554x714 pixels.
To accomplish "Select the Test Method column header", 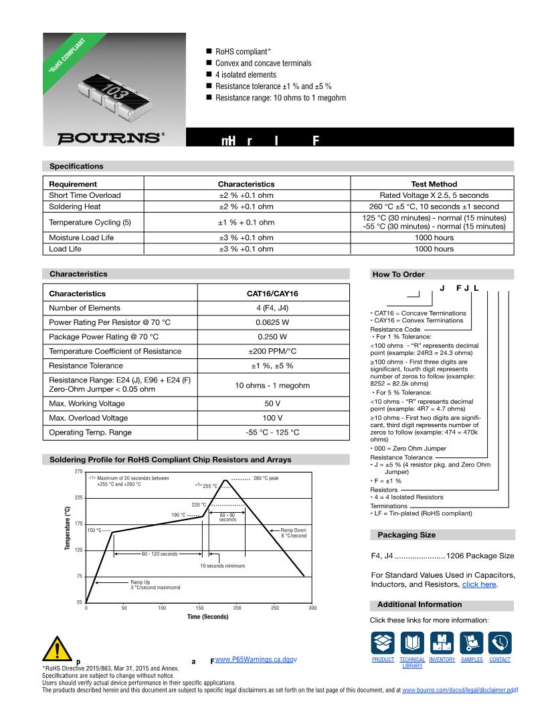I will pyautogui.click(x=434, y=184).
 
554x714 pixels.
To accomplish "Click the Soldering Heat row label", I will pyautogui.click(x=76, y=207).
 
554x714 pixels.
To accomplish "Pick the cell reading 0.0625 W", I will pyautogui.click(x=273, y=322).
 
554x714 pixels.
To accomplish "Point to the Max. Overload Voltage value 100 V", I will pyautogui.click(x=273, y=418).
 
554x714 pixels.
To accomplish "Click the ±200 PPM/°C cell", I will pyautogui.click(x=273, y=351).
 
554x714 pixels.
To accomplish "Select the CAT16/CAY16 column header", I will pyautogui.click(x=273, y=293).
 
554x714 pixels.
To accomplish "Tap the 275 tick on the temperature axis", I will pyautogui.click(x=78, y=472).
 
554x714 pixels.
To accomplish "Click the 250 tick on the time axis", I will pyautogui.click(x=275, y=608).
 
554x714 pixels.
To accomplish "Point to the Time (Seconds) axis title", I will pyautogui.click(x=207, y=616).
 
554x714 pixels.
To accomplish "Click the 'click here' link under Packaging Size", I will pyautogui.click(x=478, y=584).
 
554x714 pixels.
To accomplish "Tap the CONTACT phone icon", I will pyautogui.click(x=500, y=643).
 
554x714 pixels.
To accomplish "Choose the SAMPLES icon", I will pyautogui.click(x=472, y=643).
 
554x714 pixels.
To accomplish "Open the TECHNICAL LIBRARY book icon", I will pyautogui.click(x=412, y=643).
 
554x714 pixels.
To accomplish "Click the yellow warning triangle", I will pyautogui.click(x=56, y=650).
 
